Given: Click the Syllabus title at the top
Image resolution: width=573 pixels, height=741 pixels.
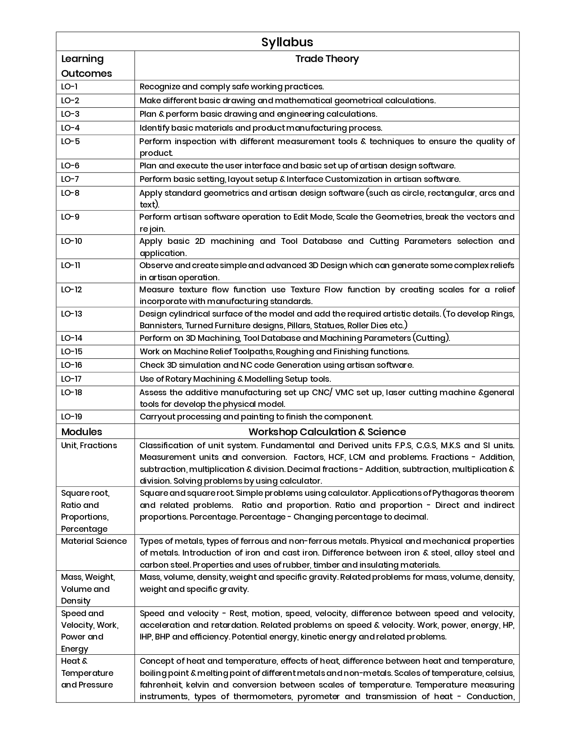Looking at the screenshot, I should tap(287, 42).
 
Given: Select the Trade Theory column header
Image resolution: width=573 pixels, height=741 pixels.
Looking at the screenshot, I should tap(327, 59).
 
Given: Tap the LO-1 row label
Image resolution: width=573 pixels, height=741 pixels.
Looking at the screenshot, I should tap(69, 87).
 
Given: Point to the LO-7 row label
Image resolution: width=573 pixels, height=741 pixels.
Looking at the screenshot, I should tap(70, 179).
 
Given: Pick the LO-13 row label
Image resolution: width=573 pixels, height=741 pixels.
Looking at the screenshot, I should tap(71, 313).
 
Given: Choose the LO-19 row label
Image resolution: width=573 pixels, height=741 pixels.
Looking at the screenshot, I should tap(71, 416).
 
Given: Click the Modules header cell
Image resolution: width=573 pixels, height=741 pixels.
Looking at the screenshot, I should tap(81, 432).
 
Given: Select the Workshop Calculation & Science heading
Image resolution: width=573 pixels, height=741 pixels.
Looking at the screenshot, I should tap(327, 432).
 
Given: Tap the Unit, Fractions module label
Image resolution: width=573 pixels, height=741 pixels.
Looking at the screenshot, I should tap(89, 445).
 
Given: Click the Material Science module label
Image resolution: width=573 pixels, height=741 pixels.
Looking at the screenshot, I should tap(94, 541).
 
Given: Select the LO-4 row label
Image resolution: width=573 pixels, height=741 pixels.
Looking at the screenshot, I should tap(70, 128).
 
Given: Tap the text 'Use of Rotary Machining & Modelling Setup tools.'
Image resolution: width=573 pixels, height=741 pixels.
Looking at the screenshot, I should tap(235, 379).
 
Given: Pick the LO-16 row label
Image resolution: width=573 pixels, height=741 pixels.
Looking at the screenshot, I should tap(71, 365).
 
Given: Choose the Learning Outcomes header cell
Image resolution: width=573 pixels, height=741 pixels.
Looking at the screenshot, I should tap(86, 66).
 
